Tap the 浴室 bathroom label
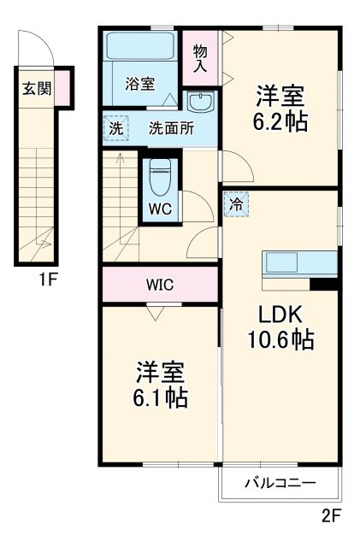point(139,84)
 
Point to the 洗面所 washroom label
point(172,129)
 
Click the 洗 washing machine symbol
point(115,128)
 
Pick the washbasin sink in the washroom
point(200,103)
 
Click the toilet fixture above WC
point(159,178)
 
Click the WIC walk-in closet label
point(159,285)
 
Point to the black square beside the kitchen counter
point(324,285)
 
